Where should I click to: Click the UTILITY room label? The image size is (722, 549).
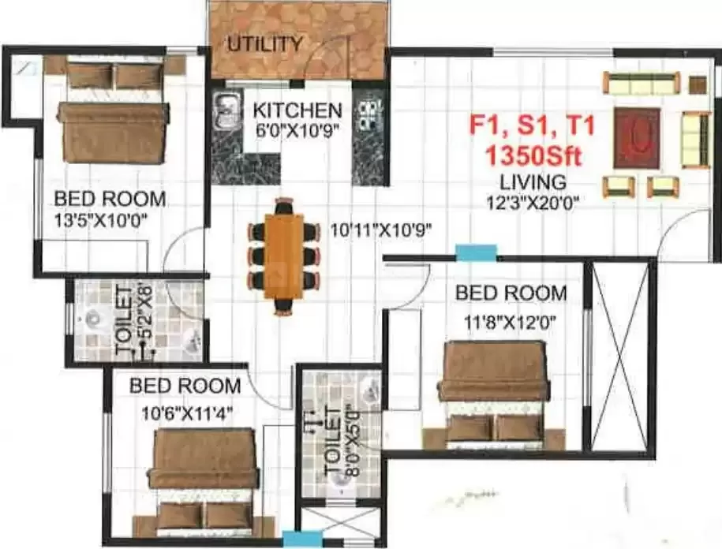[x=264, y=43]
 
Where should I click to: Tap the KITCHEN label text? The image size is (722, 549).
[x=292, y=110]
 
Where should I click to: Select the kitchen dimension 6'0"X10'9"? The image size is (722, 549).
[x=292, y=130]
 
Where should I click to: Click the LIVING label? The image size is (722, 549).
[x=533, y=181]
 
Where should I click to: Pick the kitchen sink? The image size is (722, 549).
[x=227, y=110]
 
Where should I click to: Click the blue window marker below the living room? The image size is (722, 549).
[x=477, y=253]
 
